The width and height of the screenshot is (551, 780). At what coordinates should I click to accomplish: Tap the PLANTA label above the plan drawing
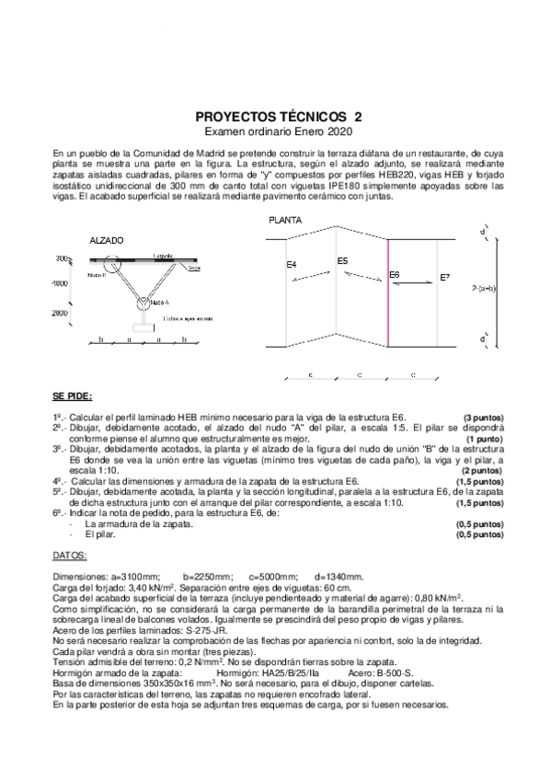pyautogui.click(x=285, y=222)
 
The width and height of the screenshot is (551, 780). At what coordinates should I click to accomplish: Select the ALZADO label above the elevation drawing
pyautogui.click(x=105, y=239)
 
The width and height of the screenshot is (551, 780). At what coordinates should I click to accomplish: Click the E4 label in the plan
pyautogui.click(x=291, y=265)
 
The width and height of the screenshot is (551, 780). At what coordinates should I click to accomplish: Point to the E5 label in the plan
pyautogui.click(x=342, y=260)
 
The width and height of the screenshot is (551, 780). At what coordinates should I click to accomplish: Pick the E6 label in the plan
pyautogui.click(x=395, y=274)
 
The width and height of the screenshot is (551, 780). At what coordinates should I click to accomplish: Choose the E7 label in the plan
pyautogui.click(x=445, y=277)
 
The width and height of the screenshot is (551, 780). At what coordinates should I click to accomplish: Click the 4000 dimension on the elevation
pyautogui.click(x=60, y=283)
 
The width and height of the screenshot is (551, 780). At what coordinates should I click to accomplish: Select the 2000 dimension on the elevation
pyautogui.click(x=60, y=313)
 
